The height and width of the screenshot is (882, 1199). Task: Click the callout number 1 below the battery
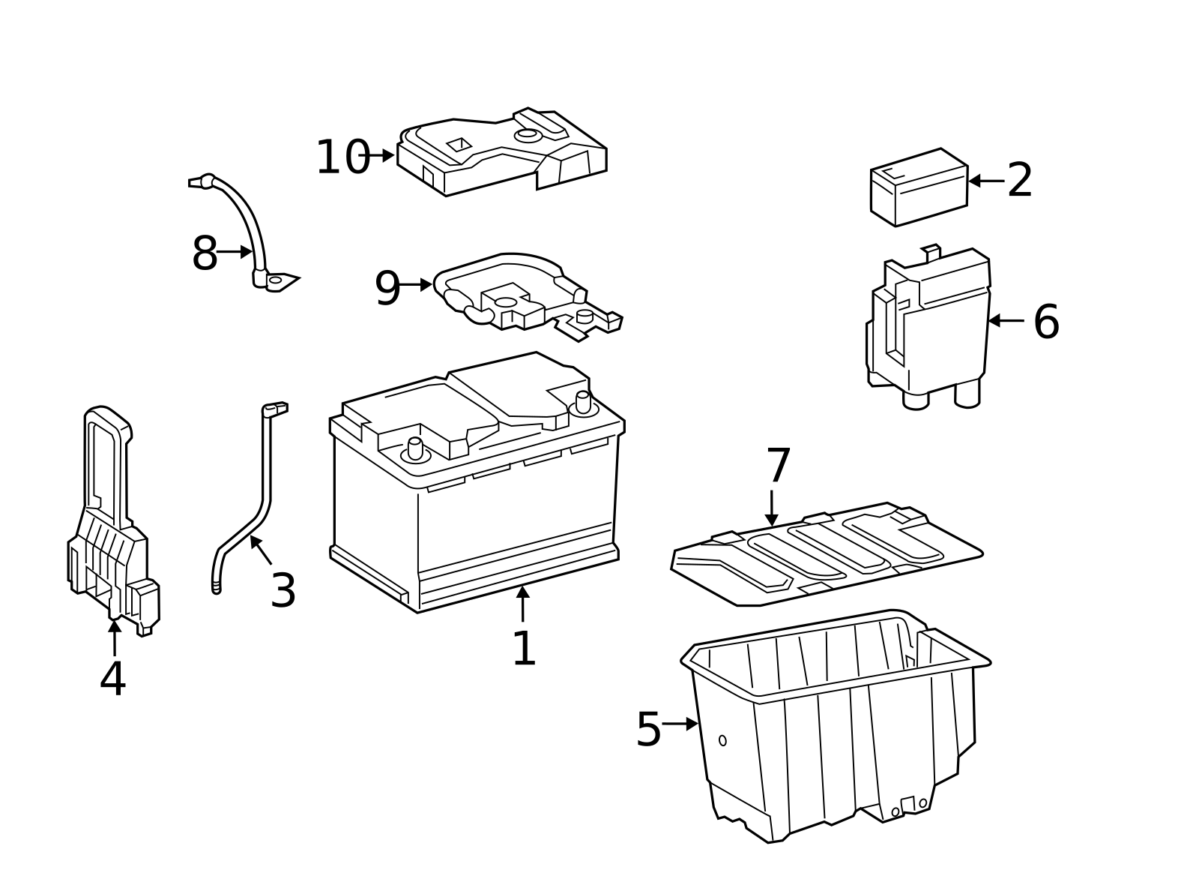[524, 649]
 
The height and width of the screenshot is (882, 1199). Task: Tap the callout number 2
[1019, 181]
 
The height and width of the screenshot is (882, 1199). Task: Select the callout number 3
[283, 591]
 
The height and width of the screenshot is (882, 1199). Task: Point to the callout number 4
[112, 679]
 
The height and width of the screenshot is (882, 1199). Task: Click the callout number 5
[648, 730]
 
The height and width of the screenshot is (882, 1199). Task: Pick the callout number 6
[1046, 322]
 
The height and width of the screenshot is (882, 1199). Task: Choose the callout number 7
[779, 466]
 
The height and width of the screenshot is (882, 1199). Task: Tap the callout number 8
[205, 253]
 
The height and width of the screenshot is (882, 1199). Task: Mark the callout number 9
[387, 289]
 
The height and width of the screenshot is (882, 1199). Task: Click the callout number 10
[342, 158]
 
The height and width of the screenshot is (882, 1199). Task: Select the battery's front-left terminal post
[415, 449]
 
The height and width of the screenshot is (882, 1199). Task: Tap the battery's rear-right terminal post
[583, 402]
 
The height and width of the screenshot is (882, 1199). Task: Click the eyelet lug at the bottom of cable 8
[276, 280]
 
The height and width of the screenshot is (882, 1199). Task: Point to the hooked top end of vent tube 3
[275, 409]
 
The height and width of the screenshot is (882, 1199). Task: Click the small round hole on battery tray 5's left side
[722, 740]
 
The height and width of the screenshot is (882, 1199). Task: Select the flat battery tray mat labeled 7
[824, 559]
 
